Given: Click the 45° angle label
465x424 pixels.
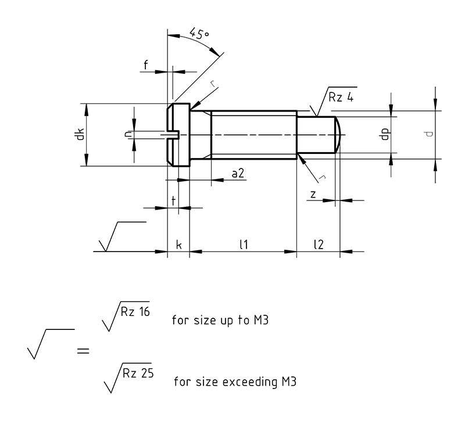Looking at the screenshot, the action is point(199,34).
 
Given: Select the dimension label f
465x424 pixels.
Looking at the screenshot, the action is point(146,64).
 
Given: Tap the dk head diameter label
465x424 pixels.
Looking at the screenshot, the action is point(80,134).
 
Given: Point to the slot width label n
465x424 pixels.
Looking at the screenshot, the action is point(128,134).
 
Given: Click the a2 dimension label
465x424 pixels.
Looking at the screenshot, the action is point(238,173).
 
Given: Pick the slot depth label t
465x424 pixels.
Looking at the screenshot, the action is point(173,201).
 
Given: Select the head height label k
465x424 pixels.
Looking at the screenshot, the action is point(178,245).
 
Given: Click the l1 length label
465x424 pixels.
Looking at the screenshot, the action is point(244,245).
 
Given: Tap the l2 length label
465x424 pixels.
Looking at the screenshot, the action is point(319,245).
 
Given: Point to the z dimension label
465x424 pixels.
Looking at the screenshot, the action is point(313,195).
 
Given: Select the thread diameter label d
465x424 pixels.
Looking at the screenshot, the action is point(429,134).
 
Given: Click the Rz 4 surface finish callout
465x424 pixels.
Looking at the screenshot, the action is point(341,97).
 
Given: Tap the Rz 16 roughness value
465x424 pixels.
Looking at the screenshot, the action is point(135,312).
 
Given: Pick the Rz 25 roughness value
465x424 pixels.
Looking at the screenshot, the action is point(138,373).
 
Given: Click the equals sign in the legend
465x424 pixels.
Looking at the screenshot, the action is point(83,351).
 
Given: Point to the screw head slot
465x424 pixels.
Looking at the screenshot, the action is point(171,135).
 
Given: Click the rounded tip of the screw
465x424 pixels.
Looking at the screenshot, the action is point(339,135).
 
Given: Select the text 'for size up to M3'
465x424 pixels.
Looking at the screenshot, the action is point(220,320).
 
